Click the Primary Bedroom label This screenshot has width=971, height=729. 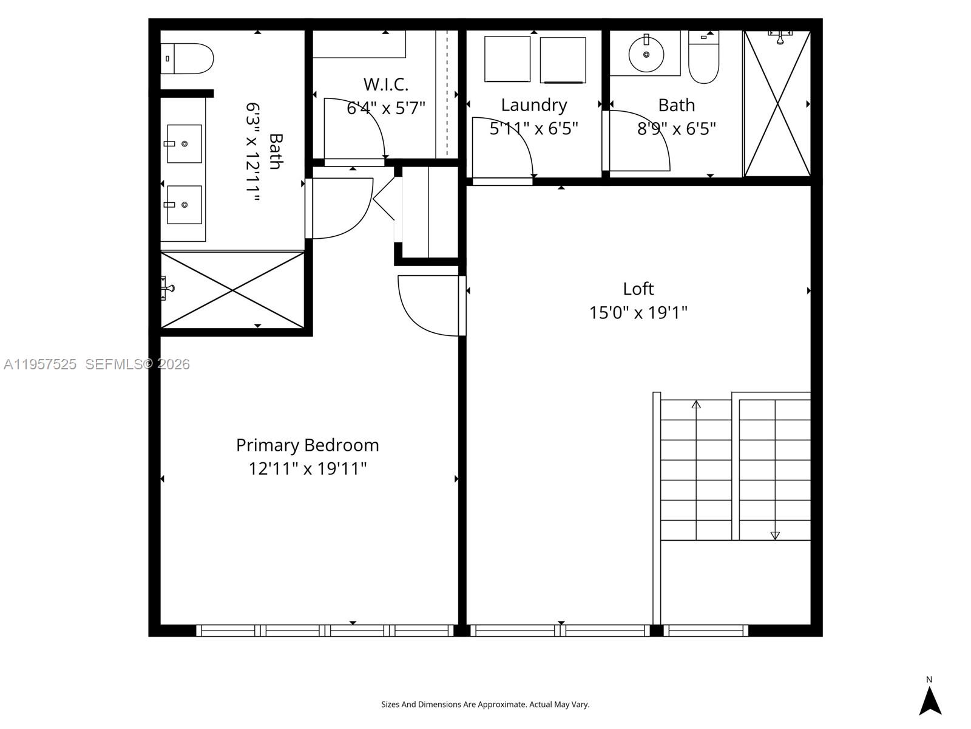tap(307, 445)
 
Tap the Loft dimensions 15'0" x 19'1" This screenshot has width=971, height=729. tap(638, 313)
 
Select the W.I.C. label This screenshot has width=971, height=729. tap(385, 84)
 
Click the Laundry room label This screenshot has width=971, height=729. tap(533, 105)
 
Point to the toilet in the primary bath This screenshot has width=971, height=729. tap(188, 58)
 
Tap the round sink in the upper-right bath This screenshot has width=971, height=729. tap(646, 54)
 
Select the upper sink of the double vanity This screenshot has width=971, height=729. tap(184, 144)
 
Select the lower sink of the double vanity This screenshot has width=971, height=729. tap(184, 205)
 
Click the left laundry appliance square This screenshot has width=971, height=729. tap(507, 59)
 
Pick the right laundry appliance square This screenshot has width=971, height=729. tap(563, 60)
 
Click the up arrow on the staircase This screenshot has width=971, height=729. tap(696, 405)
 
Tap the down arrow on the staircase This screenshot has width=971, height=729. tap(775, 535)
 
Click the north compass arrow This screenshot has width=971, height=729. tap(930, 700)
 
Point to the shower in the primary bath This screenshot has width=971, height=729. tap(232, 290)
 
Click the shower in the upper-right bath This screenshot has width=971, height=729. tap(777, 104)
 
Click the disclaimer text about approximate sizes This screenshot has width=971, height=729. tap(485, 705)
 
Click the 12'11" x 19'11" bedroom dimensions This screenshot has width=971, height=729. tap(307, 469)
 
